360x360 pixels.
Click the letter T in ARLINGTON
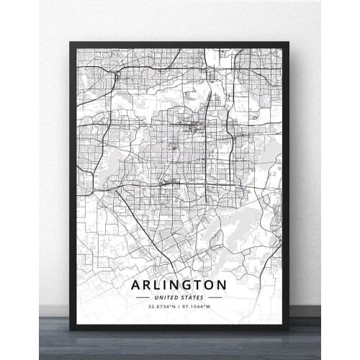point(204,284)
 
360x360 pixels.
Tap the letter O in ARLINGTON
point(216,284)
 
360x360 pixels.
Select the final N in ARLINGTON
point(230,284)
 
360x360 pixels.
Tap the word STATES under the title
point(192,297)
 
